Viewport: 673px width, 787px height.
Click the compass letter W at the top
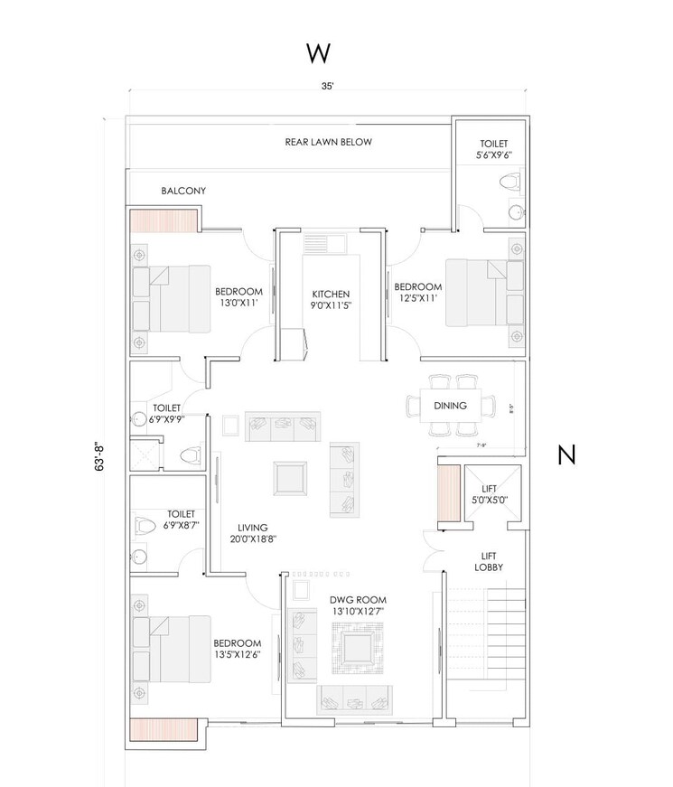pos(317,54)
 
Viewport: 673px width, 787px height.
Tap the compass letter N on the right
pos(566,455)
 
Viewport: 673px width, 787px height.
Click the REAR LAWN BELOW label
pos(328,142)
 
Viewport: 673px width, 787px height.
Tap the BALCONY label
pos(183,191)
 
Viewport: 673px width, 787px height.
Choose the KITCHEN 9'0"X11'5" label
pos(331,300)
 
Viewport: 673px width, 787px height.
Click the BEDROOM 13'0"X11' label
pos(238,297)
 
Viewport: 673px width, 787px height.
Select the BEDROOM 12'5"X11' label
pos(417,293)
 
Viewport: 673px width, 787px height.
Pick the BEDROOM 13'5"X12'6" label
pos(238,649)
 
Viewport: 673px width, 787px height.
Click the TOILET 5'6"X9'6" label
pos(493,149)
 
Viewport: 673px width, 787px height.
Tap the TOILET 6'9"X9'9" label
pos(168,413)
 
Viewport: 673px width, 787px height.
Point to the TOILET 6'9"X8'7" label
pos(181,519)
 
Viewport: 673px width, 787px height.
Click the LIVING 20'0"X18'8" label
pos(253,533)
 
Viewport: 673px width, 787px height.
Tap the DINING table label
pos(450,406)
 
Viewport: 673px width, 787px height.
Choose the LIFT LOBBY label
pos(489,561)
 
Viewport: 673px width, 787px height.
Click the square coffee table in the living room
pos(291,475)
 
